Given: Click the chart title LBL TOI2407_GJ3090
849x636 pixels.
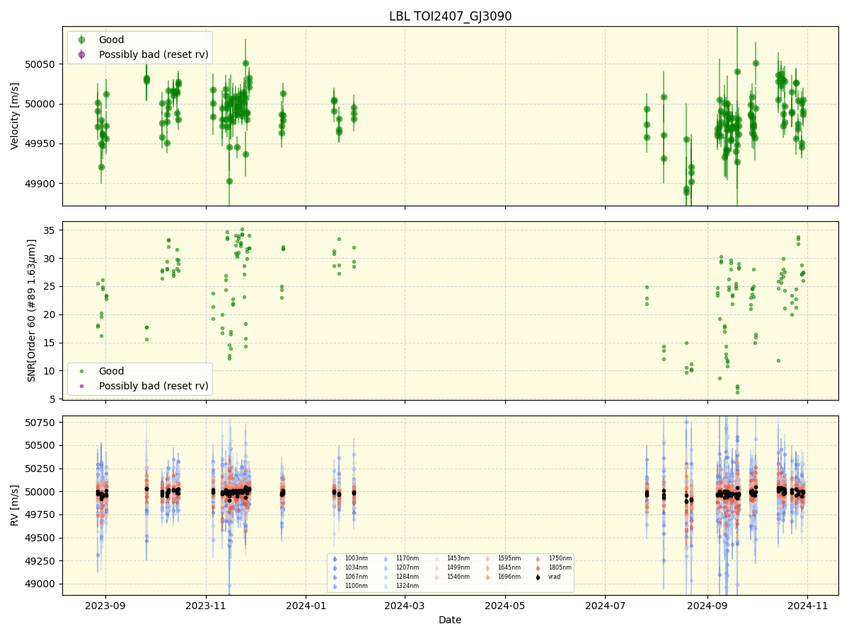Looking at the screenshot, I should [450, 16].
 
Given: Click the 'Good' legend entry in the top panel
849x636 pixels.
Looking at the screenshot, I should [111, 40].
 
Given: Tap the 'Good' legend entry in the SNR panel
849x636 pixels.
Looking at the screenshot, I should [111, 372].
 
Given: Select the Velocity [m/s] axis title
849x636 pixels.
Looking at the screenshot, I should [15, 116].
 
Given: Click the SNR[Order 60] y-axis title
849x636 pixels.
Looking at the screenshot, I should [32, 311].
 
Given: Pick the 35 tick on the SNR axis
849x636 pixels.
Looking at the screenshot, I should [51, 230].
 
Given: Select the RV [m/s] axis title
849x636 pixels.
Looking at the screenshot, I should [15, 505].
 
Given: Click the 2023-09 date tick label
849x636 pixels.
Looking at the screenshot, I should [105, 605].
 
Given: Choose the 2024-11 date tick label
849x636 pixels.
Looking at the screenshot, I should [807, 605].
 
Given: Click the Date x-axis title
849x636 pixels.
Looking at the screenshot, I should [450, 620].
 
